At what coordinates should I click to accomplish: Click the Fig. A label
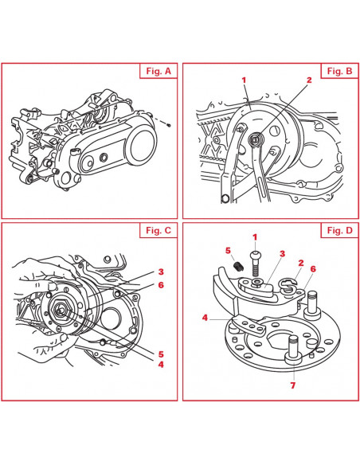click(158, 71)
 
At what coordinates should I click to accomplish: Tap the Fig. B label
click(339, 71)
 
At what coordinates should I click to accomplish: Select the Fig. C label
click(158, 230)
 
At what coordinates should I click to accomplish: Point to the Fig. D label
click(340, 230)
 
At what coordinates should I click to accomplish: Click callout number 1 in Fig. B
click(244, 80)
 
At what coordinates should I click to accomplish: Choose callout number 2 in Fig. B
click(309, 80)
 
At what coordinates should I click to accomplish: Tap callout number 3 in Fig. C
click(161, 272)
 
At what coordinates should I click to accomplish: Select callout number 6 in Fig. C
click(161, 285)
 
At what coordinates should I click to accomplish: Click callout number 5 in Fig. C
click(161, 354)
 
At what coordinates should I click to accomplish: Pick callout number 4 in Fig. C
click(161, 364)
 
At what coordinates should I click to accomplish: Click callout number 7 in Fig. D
click(293, 385)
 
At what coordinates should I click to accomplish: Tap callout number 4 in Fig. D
click(205, 318)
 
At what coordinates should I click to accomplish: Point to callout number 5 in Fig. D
click(228, 251)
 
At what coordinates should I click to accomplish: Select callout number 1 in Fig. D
click(255, 237)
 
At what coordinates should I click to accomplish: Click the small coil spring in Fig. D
click(238, 265)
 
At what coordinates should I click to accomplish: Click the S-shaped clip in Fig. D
click(288, 286)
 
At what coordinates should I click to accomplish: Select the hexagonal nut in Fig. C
click(61, 310)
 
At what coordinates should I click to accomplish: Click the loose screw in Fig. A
click(168, 126)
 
